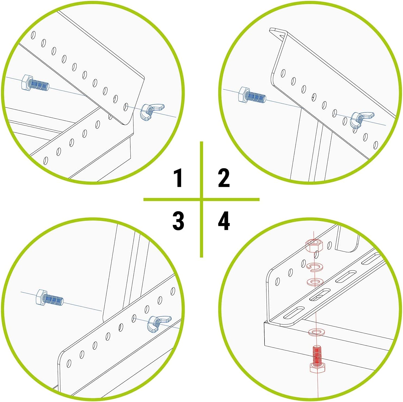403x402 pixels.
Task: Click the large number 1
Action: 178,178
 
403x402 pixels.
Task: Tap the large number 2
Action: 224,178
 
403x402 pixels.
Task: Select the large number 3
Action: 178,221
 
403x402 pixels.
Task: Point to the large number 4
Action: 224,221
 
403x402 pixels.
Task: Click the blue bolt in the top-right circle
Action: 252,95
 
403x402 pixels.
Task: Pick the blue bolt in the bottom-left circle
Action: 50,297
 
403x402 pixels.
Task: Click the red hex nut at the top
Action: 314,245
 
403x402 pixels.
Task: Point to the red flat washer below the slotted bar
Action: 316,332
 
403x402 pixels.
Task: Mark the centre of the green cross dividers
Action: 201,200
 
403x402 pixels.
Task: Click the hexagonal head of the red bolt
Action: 316,368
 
